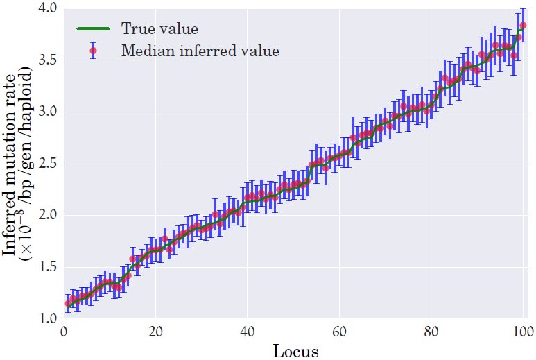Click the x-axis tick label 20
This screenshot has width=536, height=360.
click(x=155, y=332)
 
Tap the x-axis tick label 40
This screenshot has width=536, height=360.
click(x=247, y=332)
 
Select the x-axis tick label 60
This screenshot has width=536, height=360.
click(x=339, y=332)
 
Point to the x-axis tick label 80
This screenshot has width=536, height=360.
click(x=431, y=332)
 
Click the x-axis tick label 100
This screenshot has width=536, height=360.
click(x=523, y=332)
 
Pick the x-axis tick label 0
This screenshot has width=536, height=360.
click(x=64, y=332)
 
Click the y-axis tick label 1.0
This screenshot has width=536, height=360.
click(x=47, y=318)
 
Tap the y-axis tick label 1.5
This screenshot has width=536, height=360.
click(x=47, y=267)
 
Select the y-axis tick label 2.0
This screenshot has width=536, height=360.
click(x=47, y=216)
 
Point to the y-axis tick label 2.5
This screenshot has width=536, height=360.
click(x=47, y=164)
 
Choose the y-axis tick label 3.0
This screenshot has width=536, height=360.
click(x=47, y=112)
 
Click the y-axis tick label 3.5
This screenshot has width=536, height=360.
click(x=47, y=60)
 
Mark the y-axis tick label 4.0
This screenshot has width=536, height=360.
click(x=47, y=8)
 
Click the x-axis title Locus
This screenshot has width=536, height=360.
click(x=296, y=351)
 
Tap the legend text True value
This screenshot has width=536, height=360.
click(x=159, y=28)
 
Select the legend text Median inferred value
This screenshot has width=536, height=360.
click(x=200, y=51)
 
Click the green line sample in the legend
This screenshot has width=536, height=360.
click(x=93, y=28)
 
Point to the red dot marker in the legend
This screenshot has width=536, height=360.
click(x=93, y=51)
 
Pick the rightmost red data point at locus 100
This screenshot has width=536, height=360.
click(x=523, y=25)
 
